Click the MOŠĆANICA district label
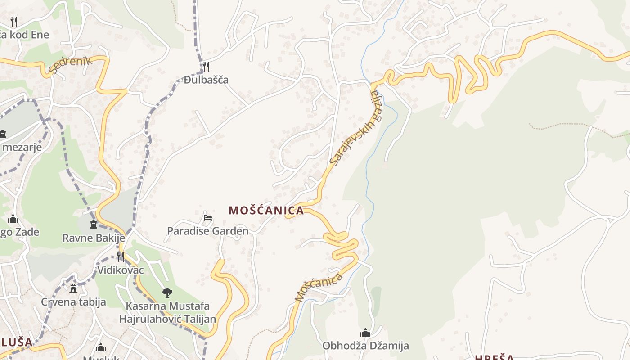(x=266, y=210)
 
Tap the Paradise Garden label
(x=207, y=231)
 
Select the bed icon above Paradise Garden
(x=207, y=218)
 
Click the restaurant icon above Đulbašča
(x=206, y=66)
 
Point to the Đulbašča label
(x=206, y=80)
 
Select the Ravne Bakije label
(x=93, y=238)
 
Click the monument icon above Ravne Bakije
(x=94, y=224)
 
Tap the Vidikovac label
(x=121, y=270)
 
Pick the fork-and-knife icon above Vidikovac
(x=121, y=256)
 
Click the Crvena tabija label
(x=73, y=301)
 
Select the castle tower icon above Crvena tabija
(x=73, y=288)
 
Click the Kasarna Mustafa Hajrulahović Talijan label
(x=167, y=312)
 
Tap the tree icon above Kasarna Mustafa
(x=167, y=293)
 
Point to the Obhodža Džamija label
(x=365, y=346)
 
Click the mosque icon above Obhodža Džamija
(x=365, y=333)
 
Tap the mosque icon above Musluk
(x=101, y=347)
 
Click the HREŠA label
(x=494, y=357)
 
